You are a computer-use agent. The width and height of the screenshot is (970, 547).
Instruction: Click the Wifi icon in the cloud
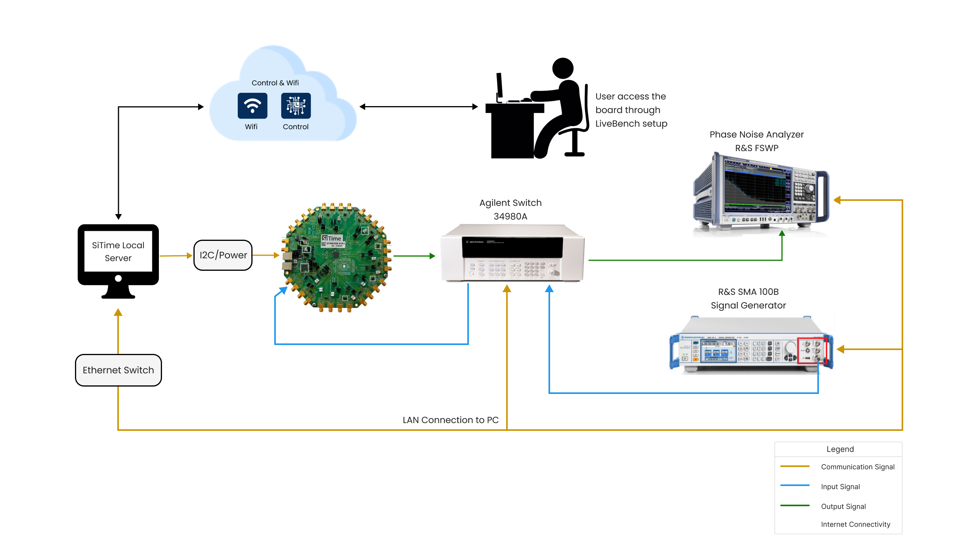tap(253, 106)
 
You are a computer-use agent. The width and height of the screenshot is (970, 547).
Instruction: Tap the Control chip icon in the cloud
tap(296, 106)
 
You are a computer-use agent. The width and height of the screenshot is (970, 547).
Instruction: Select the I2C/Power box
tap(223, 255)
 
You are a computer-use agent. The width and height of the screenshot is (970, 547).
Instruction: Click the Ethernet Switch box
tap(118, 370)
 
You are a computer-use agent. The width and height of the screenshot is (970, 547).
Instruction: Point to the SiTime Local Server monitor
tap(118, 256)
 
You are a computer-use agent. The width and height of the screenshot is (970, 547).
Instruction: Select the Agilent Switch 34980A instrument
tap(512, 254)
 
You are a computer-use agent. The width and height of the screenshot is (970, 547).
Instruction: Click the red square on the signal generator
tap(812, 350)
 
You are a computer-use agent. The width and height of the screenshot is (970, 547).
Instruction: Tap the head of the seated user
tap(562, 68)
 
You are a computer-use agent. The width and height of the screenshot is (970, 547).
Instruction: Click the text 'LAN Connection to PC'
tap(451, 420)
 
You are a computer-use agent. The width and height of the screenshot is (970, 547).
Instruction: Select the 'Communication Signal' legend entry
tap(857, 467)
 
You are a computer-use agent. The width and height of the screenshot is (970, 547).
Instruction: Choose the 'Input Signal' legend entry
tap(840, 487)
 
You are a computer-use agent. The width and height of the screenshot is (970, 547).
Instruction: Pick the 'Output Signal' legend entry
tap(843, 507)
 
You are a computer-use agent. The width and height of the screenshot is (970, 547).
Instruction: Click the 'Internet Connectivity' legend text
tap(855, 524)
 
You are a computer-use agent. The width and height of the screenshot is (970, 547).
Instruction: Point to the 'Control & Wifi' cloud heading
tap(275, 83)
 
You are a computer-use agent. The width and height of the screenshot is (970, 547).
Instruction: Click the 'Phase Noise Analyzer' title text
tap(756, 134)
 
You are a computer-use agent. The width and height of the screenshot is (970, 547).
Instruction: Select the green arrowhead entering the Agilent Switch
tap(432, 256)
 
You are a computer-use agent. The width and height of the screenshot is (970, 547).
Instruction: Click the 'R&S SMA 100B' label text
tap(748, 292)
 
